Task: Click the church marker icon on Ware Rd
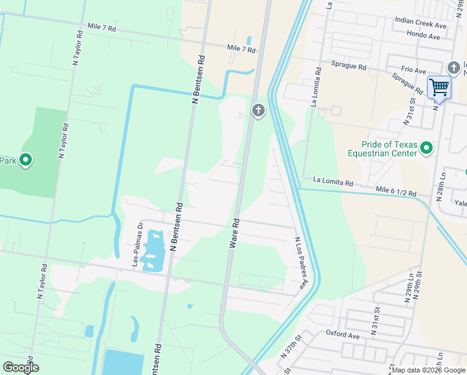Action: pyautogui.click(x=258, y=111)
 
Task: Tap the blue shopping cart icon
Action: pyautogui.click(x=439, y=87)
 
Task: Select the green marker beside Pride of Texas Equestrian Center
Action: pyautogui.click(x=426, y=148)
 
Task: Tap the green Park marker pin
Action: pyautogui.click(x=26, y=161)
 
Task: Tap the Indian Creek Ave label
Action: pyautogui.click(x=420, y=23)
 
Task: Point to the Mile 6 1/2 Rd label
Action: pyautogui.click(x=396, y=192)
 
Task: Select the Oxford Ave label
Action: pyautogui.click(x=342, y=336)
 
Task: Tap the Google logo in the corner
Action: pyautogui.click(x=20, y=367)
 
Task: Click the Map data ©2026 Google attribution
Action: pyautogui.click(x=428, y=370)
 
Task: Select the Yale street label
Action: pyautogui.click(x=461, y=203)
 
